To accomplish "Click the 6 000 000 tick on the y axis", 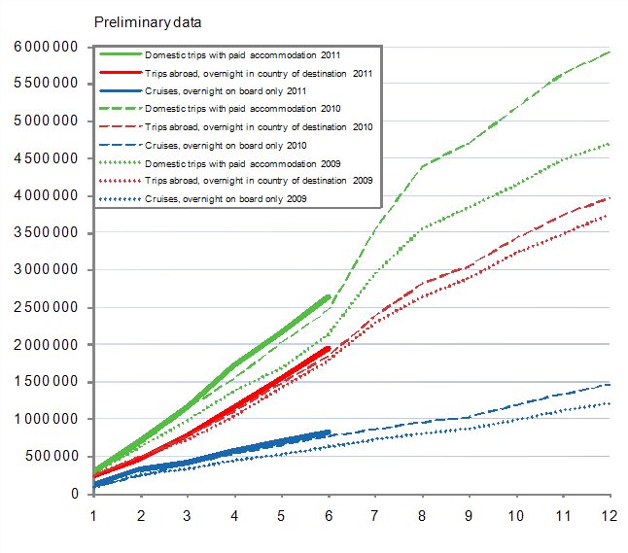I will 46,47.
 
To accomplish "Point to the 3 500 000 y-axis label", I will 46,233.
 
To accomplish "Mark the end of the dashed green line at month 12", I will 609,52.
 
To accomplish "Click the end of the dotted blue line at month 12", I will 609,403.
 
